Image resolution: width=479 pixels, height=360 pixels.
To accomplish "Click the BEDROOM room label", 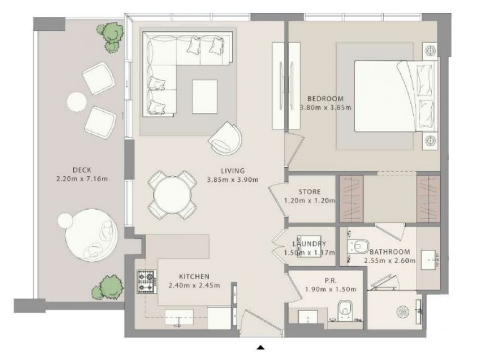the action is click(326, 98).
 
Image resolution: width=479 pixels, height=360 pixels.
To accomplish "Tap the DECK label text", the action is click(82, 170).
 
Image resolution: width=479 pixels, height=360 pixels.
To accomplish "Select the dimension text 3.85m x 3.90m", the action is click(233, 179).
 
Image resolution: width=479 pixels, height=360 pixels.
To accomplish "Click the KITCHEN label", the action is click(195, 277).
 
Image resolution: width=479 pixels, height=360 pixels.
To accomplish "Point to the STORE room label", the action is click(309, 192).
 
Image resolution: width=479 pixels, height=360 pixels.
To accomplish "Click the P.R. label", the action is click(331, 281).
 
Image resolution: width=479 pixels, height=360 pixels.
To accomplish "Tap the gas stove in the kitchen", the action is click(147, 281).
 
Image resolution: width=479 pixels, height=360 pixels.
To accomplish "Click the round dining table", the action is click(172, 195).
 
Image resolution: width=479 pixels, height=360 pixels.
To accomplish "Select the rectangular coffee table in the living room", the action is click(205, 97).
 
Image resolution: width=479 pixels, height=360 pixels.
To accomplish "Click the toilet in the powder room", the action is click(346, 308).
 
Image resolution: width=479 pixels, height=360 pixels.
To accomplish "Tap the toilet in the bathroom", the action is click(359, 246).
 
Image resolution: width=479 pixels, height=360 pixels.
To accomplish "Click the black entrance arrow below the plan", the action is click(260, 347).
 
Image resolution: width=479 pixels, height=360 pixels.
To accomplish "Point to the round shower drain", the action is click(403, 312).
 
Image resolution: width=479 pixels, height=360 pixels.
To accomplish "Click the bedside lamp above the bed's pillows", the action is click(431, 50).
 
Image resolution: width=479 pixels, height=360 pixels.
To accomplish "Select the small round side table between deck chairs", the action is click(76, 102).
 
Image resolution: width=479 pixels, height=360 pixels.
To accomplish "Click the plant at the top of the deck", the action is click(111, 37).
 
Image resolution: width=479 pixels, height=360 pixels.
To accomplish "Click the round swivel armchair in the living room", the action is click(225, 139).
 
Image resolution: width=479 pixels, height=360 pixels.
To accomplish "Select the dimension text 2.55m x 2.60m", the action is click(390, 260).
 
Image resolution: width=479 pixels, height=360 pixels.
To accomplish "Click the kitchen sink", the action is click(179, 317).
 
